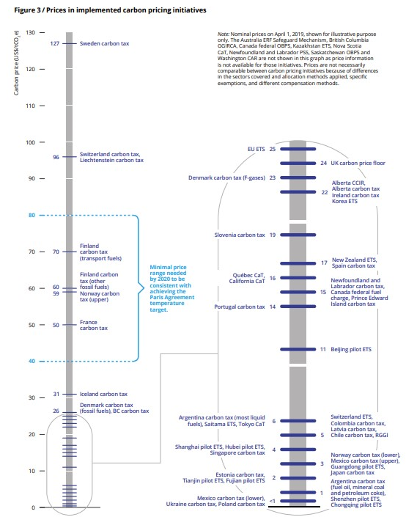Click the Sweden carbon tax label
(104, 43)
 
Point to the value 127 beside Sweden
(55, 43)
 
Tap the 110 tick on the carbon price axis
(42, 106)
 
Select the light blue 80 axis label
(32, 216)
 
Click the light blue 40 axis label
(32, 362)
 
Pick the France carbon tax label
(94, 325)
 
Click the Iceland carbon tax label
(103, 394)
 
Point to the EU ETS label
(256, 149)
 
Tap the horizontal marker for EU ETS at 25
(298, 149)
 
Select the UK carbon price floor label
(358, 163)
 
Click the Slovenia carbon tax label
(240, 235)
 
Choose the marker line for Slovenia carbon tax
(298, 235)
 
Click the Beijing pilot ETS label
(351, 350)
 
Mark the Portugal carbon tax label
(240, 307)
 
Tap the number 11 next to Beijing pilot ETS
(323, 350)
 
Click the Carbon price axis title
(16, 62)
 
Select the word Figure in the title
(25, 10)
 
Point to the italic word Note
(223, 34)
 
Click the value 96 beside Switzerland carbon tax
(56, 157)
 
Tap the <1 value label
(272, 501)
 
